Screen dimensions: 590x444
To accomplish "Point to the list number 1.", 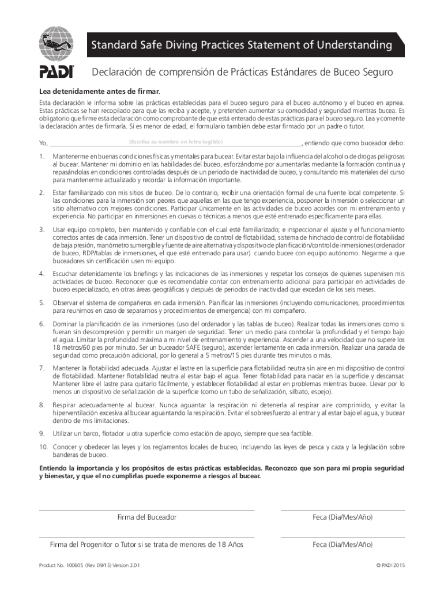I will [42, 157].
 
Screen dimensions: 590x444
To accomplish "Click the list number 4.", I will [42, 273].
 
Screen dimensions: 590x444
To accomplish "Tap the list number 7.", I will [42, 368].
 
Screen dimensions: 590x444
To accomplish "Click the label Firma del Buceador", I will [146, 517].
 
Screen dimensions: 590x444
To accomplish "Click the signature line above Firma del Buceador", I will [146, 510].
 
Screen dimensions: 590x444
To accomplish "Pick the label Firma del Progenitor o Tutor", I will [146, 544].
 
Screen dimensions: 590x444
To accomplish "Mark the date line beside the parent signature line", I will [343, 537].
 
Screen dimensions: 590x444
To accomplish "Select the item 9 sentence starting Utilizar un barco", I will [183, 433].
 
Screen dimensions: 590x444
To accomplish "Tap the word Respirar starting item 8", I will [66, 405].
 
